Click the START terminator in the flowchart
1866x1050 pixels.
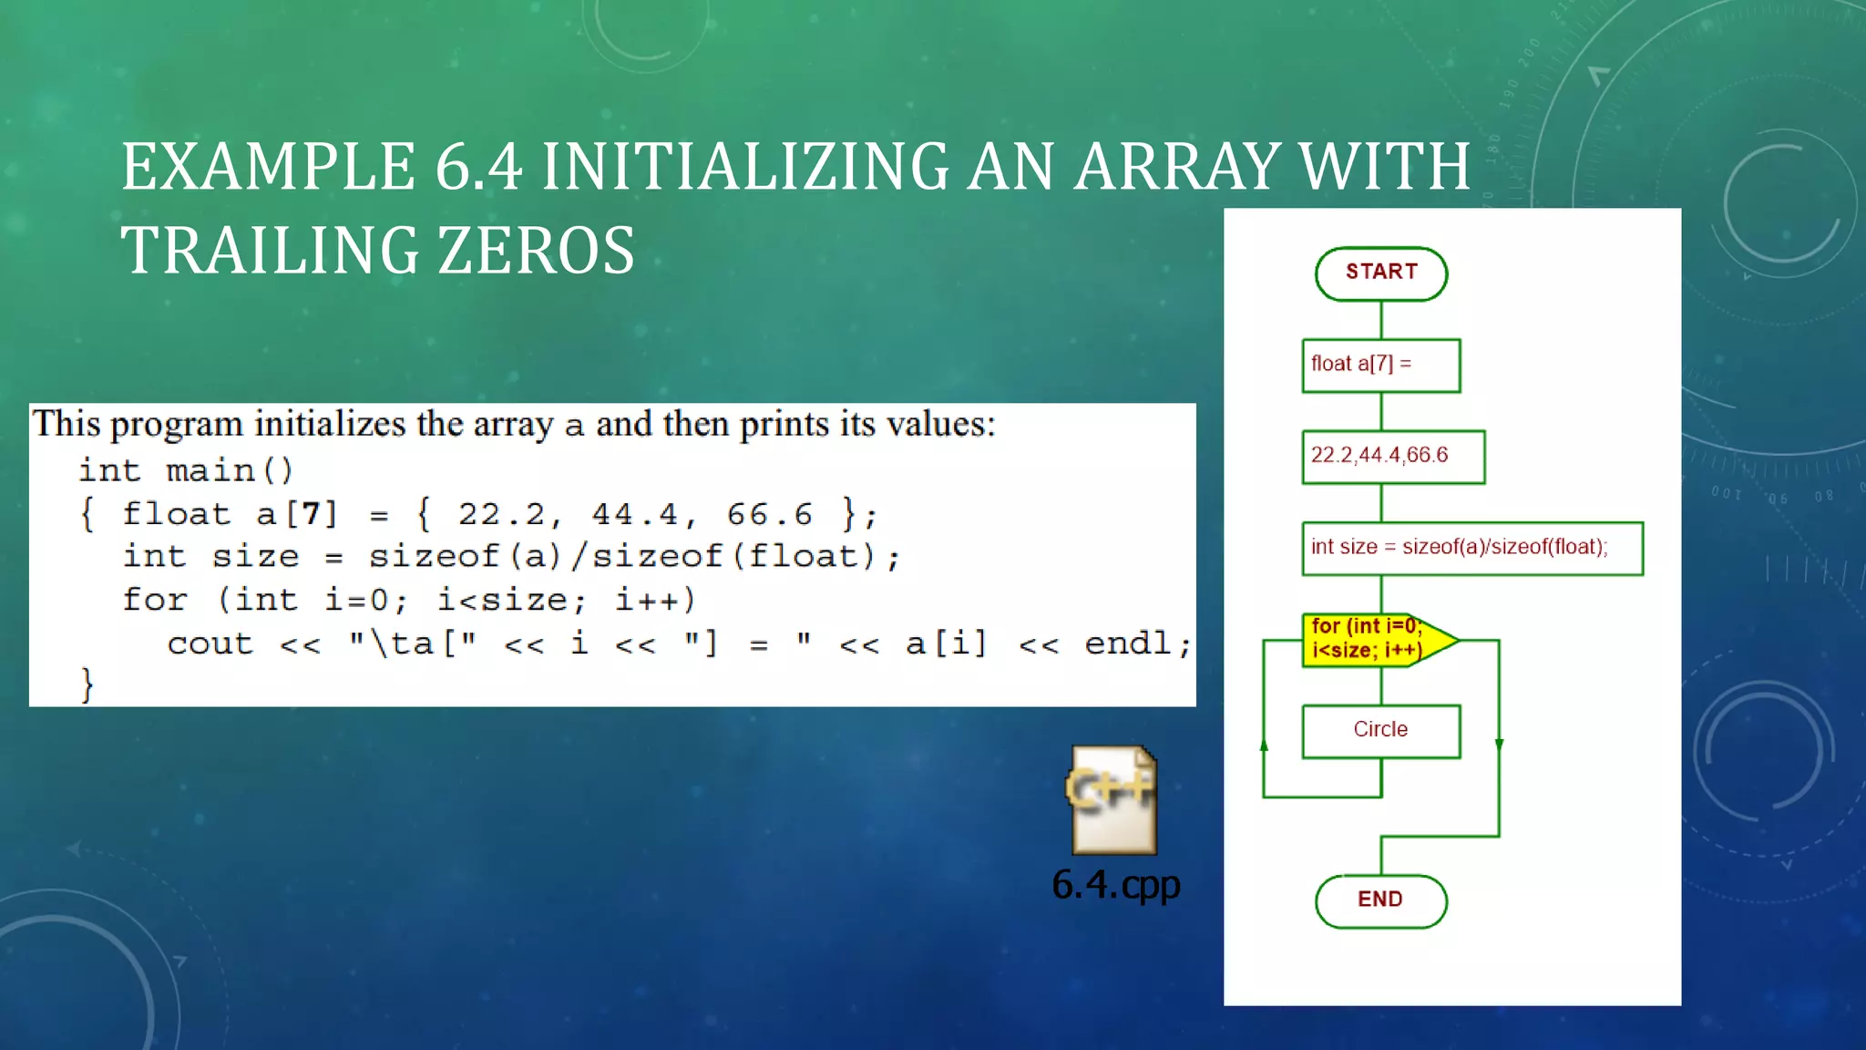click(x=1380, y=273)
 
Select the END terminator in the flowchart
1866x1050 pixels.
click(x=1380, y=901)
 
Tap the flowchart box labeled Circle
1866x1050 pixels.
click(x=1380, y=731)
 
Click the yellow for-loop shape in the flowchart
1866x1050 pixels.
click(x=1371, y=640)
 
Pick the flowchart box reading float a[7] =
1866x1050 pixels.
click(x=1380, y=365)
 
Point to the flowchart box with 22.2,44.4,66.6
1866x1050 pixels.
click(x=1392, y=457)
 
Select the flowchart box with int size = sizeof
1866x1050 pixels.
click(x=1471, y=549)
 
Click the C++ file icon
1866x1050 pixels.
click(x=1112, y=800)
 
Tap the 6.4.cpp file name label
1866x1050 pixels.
click(x=1115, y=885)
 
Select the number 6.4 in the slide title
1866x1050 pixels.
click(x=478, y=168)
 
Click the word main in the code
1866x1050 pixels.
click(x=210, y=471)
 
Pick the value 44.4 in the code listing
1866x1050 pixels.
click(x=635, y=515)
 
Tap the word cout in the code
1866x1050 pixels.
click(x=210, y=644)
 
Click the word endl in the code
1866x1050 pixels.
click(x=1127, y=643)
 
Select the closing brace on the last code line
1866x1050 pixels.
click(x=87, y=684)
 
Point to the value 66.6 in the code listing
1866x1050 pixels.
click(x=769, y=515)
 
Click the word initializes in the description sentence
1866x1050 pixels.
click(x=329, y=425)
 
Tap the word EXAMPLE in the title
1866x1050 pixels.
click(x=269, y=168)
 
